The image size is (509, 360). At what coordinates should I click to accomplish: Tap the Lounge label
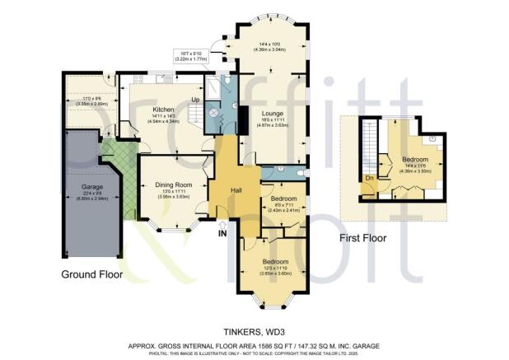point(273,113)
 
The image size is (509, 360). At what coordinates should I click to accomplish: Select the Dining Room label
point(174,185)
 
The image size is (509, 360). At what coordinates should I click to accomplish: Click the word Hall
point(236,190)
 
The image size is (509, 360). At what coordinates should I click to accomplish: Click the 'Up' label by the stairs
point(195,100)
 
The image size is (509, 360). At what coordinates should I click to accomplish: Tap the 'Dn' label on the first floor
point(370,177)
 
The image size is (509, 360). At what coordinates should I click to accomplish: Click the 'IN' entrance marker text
point(222,233)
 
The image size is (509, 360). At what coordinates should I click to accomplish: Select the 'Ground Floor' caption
point(92,274)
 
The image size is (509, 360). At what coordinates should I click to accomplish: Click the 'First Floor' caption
point(363,238)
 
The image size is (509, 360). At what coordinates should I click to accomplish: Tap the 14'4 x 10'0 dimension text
point(272,46)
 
